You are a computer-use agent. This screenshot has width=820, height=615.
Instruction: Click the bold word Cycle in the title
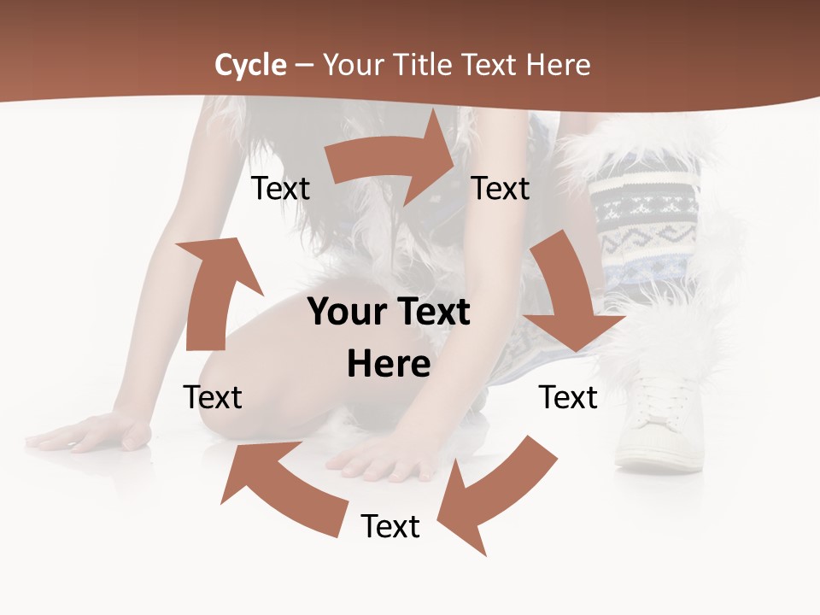pos(250,65)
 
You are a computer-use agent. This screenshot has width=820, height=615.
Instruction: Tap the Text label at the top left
pos(280,189)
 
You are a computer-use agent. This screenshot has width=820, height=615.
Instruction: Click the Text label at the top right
pos(501,189)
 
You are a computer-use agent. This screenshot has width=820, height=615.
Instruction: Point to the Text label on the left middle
pos(213,397)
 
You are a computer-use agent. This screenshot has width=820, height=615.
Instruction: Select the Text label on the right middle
pos(568,397)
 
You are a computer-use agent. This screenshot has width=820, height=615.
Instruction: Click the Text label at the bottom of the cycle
pos(390,526)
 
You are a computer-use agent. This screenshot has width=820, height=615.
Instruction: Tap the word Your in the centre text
pos(341,312)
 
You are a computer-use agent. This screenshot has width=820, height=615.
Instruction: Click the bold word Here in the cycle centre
pos(389,365)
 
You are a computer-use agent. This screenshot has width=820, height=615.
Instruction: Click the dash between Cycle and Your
pos(304,65)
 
